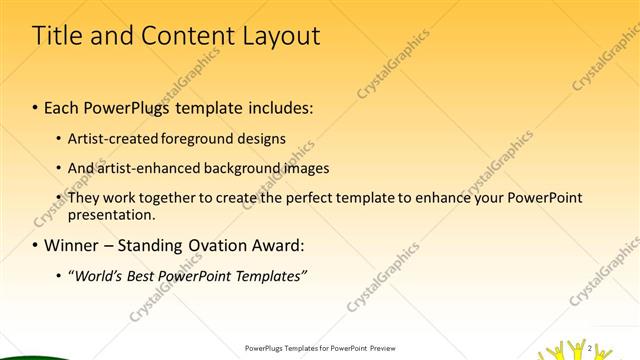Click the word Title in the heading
tap(58, 37)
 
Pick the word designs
tap(263, 139)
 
